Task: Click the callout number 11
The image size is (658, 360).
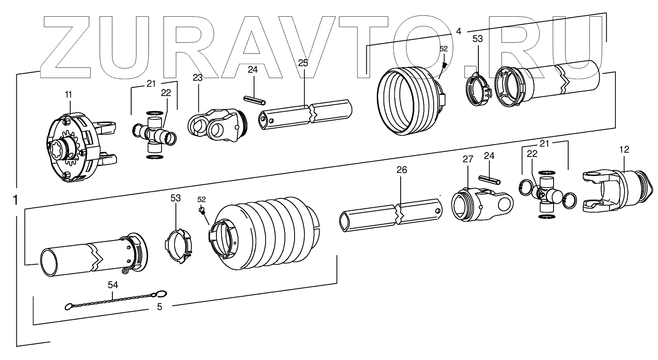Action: coord(68,95)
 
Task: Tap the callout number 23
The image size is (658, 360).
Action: coord(198,77)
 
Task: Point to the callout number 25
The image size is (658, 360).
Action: coord(303,63)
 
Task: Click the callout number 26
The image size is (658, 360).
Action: coord(402,170)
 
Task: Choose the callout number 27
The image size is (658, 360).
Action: coord(467,159)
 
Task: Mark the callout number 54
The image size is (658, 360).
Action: coord(113,285)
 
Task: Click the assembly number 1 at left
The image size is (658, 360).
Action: coord(15,200)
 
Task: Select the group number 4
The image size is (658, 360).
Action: coord(458,31)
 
